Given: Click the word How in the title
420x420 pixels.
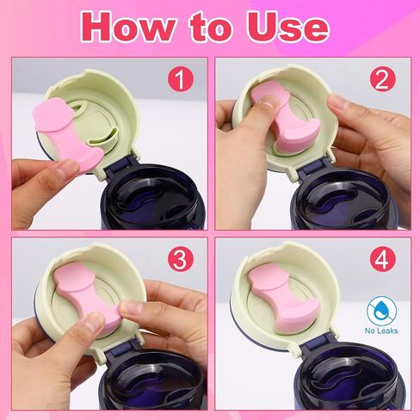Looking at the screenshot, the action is coord(127,27).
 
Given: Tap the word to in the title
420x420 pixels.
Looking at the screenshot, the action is coord(211,28).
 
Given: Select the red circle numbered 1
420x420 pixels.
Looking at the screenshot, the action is coord(181,78).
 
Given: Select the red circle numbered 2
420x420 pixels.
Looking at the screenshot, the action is coord(382,78).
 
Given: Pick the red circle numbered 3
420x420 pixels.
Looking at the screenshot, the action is coord(181,259).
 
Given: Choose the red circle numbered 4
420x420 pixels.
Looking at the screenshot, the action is coord(382,259).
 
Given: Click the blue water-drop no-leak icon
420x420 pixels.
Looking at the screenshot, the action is coord(381,312).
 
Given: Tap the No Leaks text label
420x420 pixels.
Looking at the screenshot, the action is coord(381,330).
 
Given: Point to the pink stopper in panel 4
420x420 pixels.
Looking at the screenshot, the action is coord(282,299).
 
